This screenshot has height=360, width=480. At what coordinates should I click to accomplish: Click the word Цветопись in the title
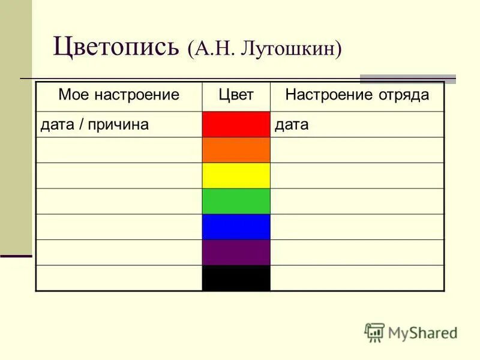click(117, 47)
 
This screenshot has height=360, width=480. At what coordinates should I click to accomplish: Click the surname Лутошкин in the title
click(292, 48)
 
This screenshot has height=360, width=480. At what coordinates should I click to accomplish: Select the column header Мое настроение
click(119, 95)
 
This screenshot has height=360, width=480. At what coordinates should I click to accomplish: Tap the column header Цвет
click(236, 95)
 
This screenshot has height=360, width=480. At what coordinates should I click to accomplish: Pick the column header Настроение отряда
click(357, 95)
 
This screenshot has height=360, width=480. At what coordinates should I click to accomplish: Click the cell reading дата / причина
click(94, 125)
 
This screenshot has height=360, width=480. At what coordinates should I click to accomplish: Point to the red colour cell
click(236, 124)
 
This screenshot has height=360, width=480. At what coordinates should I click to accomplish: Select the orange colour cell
click(236, 150)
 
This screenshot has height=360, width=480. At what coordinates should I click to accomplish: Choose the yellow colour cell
click(236, 176)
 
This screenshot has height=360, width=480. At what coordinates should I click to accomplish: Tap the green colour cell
click(236, 201)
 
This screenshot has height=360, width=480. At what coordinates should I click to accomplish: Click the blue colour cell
click(236, 227)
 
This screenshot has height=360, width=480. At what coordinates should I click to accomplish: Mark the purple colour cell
click(236, 253)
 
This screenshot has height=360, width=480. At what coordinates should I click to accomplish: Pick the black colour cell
click(236, 278)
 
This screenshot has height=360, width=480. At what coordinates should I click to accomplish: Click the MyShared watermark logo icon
click(374, 332)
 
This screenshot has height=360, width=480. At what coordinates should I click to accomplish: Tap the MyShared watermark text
click(422, 332)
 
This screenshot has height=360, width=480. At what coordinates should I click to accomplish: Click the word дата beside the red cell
click(292, 125)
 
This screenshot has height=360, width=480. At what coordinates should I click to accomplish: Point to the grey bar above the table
click(407, 79)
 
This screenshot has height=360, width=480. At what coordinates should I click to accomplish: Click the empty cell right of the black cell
click(357, 278)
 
